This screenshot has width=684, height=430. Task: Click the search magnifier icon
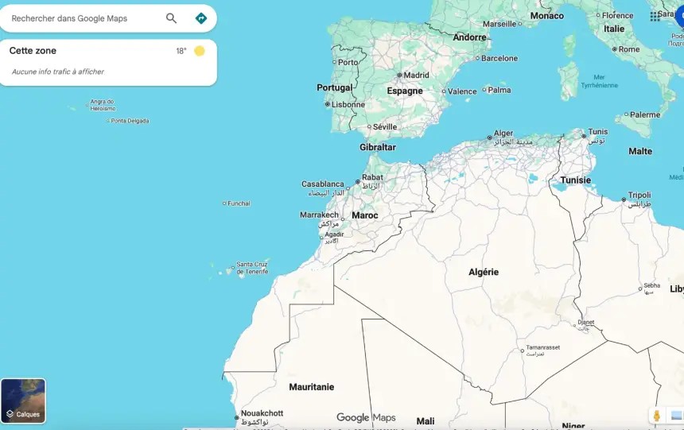pyautogui.click(x=171, y=18)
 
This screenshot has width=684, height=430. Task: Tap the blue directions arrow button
pyautogui.click(x=200, y=18)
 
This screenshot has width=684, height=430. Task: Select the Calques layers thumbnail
pyautogui.click(x=23, y=401)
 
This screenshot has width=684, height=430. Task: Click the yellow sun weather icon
pyautogui.click(x=199, y=51)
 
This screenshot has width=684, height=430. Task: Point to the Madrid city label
pyautogui.click(x=416, y=76)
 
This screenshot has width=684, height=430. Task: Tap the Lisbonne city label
pyautogui.click(x=348, y=104)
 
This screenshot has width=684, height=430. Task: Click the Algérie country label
pyautogui.click(x=484, y=272)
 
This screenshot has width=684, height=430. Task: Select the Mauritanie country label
pyautogui.click(x=311, y=387)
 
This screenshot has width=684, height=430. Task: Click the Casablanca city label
pyautogui.click(x=322, y=184)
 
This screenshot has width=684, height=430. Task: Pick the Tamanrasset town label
pyautogui.click(x=542, y=348)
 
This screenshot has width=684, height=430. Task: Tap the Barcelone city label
pyautogui.click(x=499, y=58)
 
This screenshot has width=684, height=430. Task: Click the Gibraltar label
pyautogui.click(x=377, y=147)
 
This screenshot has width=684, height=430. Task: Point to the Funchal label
pyautogui.click(x=239, y=203)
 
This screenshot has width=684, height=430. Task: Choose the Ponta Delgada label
pyautogui.click(x=130, y=121)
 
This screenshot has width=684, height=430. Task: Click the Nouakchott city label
pyautogui.click(x=262, y=413)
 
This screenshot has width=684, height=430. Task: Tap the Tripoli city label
pyautogui.click(x=639, y=196)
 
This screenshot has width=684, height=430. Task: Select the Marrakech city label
pyautogui.click(x=319, y=215)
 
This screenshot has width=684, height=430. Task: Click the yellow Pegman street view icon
pyautogui.click(x=656, y=416)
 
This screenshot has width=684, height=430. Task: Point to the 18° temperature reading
pyautogui.click(x=181, y=51)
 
